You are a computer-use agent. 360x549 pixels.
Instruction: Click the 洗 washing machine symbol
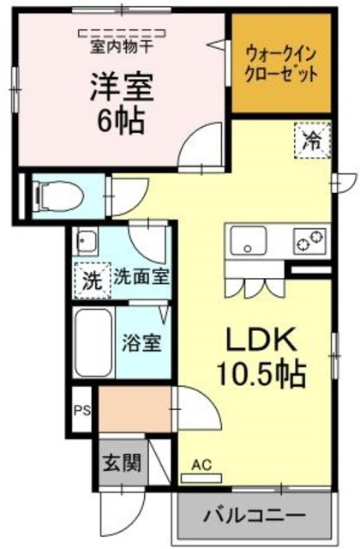click(90, 279)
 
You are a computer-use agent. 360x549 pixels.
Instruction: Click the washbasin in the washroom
click(85, 241)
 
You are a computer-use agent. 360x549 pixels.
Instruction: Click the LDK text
click(261, 341)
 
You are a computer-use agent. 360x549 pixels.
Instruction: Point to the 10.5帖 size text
click(262, 372)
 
